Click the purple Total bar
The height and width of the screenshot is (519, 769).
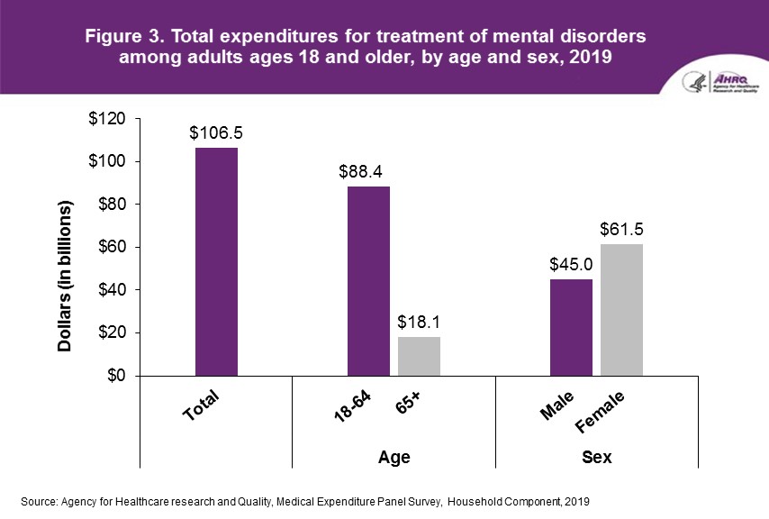click(x=216, y=261)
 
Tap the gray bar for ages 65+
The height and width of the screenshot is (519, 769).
click(x=419, y=356)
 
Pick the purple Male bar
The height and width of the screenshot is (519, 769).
click(x=571, y=327)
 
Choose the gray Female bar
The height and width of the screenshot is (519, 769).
click(x=622, y=310)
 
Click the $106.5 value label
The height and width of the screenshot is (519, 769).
click(x=216, y=133)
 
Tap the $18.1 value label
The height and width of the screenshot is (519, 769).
click(x=418, y=323)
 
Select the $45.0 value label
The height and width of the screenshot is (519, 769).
click(x=571, y=265)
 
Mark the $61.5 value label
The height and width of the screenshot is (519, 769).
click(x=622, y=230)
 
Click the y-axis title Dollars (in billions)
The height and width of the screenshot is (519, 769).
click(x=66, y=275)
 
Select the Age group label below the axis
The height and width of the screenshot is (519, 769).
click(x=394, y=458)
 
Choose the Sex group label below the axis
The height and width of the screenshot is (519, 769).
click(x=597, y=458)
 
